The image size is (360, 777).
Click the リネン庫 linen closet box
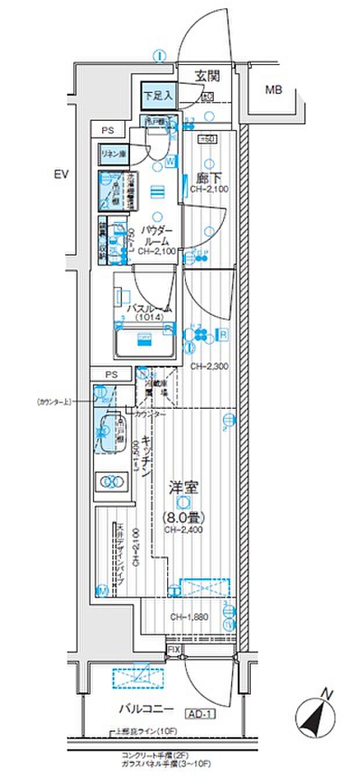[114, 154]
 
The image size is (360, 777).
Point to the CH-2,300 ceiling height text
[209, 366]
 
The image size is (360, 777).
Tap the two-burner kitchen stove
[111, 481]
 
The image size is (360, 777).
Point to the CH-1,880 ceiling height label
[189, 617]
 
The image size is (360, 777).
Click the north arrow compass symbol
[317, 716]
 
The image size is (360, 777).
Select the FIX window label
[174, 649]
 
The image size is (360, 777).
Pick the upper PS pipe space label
[108, 131]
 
